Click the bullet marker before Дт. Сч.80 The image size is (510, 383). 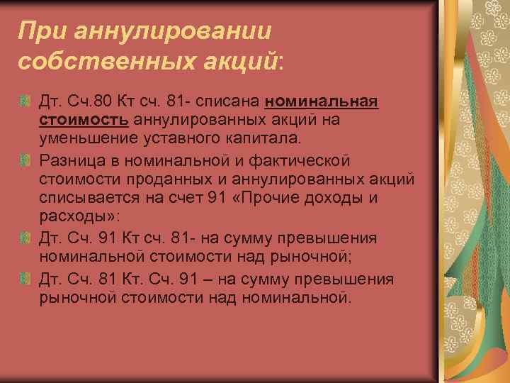tap(26, 104)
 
